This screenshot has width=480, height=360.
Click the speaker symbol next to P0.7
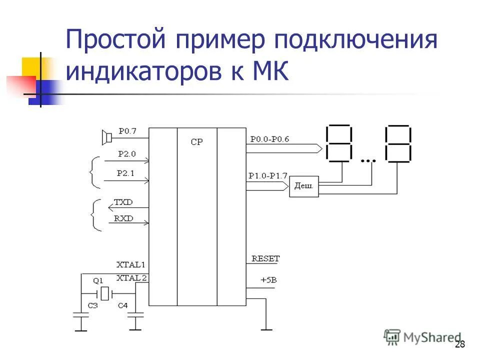point(106,136)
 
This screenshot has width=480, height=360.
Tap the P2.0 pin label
point(127,154)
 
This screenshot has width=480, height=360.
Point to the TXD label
point(123,202)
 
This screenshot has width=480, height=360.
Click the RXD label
point(123,218)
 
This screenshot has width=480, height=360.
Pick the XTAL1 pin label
point(130,264)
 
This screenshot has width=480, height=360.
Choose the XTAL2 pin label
point(131,278)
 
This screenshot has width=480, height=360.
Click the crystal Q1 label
point(98,280)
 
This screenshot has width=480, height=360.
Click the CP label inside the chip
point(196,142)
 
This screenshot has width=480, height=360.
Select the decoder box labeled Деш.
point(304,186)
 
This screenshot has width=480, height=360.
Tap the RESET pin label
point(265,258)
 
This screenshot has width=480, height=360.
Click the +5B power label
point(268,280)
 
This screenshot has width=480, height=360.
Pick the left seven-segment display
point(338,143)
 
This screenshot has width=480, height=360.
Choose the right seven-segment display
point(398,143)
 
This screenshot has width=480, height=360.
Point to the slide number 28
point(460,344)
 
